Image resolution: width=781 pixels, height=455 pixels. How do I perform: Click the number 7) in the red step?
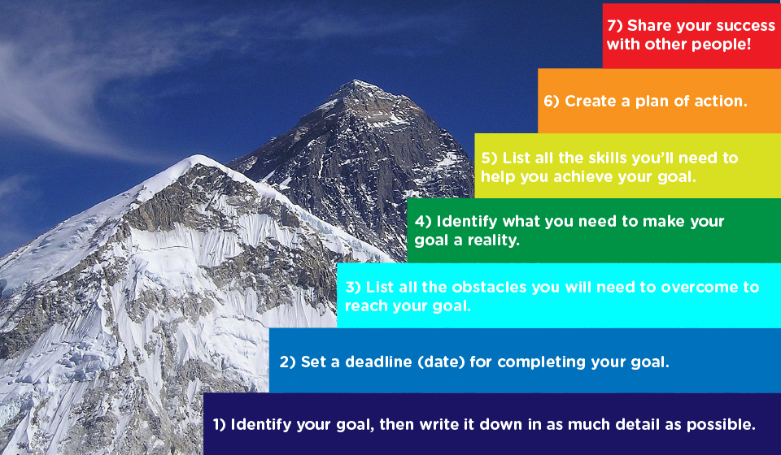[615, 26]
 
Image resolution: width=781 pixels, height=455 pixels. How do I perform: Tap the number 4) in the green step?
[423, 221]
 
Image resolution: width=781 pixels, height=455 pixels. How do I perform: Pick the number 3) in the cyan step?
[353, 287]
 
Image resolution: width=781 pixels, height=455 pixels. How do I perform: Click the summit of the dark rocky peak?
[356, 80]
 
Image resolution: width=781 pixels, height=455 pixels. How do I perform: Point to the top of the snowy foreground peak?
[199, 156]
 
